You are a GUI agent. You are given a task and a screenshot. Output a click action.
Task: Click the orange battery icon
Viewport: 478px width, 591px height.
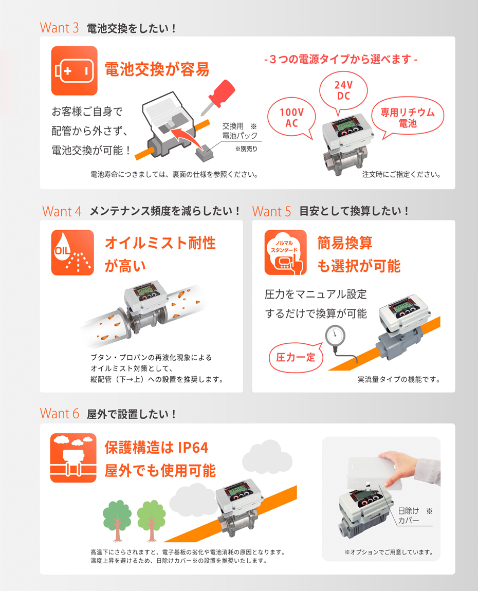pos(74,70)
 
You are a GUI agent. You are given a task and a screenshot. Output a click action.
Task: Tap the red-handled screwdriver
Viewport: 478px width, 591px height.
pos(218,97)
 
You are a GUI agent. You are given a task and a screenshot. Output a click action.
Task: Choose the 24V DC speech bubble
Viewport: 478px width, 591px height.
pos(343,91)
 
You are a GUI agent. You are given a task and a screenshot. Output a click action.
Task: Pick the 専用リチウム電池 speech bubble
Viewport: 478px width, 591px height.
pos(408,117)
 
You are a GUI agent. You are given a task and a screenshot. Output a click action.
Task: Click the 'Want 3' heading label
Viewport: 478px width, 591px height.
pos(60,28)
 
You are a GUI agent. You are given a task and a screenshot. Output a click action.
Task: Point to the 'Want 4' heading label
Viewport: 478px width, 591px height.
pos(62,211)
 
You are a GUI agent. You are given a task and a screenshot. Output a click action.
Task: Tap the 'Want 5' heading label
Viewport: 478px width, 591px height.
pos(272,211)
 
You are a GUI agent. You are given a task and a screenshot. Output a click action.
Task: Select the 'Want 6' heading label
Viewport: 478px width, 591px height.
pos(60,414)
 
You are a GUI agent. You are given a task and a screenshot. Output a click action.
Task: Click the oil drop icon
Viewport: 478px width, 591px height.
pos(72,252)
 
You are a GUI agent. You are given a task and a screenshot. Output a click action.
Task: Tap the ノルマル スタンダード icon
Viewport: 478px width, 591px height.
pos(285,252)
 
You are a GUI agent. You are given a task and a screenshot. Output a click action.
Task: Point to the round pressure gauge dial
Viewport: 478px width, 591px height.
pos(336,335)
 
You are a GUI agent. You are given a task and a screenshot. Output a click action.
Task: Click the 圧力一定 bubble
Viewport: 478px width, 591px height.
pos(296,357)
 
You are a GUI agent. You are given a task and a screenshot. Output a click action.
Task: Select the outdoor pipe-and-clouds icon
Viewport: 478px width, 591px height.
pos(73,457)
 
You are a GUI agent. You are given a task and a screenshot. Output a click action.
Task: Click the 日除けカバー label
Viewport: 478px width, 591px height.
pos(409,515)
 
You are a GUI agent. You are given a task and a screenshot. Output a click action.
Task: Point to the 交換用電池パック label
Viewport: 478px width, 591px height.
pos(240,131)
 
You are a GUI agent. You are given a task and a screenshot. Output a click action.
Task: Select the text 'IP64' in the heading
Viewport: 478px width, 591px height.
pos(193,448)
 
